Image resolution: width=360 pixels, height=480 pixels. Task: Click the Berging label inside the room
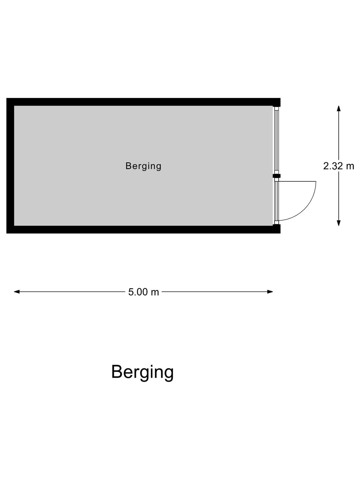click(x=143, y=166)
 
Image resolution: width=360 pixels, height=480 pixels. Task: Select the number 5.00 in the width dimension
click(x=138, y=292)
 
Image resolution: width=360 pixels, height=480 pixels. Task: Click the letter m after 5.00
click(x=155, y=293)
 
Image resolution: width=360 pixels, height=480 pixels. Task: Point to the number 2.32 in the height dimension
click(x=333, y=166)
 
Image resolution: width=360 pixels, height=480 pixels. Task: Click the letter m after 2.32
click(x=350, y=167)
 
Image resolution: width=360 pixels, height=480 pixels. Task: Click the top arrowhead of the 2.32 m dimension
click(x=339, y=109)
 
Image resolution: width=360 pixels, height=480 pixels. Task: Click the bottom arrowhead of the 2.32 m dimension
click(x=339, y=223)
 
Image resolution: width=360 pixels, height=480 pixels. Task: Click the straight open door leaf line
click(x=297, y=181)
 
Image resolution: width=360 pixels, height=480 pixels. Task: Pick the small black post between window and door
click(x=277, y=176)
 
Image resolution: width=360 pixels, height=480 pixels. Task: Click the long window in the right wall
click(x=277, y=140)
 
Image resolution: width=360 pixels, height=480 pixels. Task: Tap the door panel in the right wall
click(x=277, y=201)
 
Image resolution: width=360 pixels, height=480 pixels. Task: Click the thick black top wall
click(x=143, y=102)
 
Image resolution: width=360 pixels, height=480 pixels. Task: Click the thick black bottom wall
click(x=143, y=229)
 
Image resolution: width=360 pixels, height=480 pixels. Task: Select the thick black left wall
click(x=10, y=166)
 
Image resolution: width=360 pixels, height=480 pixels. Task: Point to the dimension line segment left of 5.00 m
click(x=70, y=292)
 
